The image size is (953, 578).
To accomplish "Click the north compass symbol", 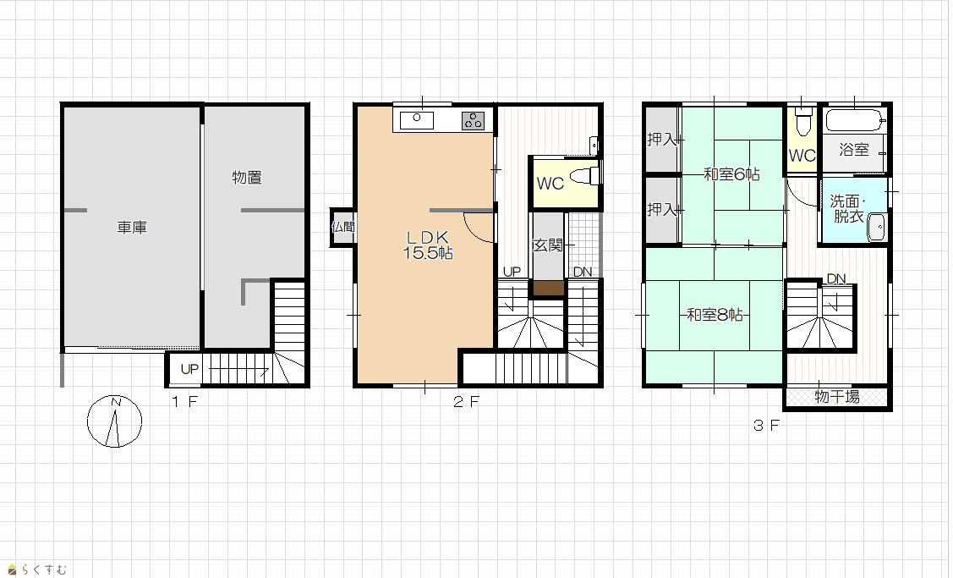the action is pyautogui.click(x=114, y=421).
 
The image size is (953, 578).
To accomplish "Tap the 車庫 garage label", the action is pyautogui.click(x=132, y=228).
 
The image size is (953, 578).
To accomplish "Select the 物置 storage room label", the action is pyautogui.click(x=247, y=178).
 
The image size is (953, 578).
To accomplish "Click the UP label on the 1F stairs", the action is pyautogui.click(x=189, y=369).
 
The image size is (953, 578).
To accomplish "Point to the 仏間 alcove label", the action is pyautogui.click(x=343, y=227).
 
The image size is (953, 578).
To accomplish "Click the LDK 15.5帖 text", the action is pyautogui.click(x=428, y=245).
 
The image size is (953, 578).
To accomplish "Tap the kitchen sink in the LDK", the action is pyautogui.click(x=416, y=120).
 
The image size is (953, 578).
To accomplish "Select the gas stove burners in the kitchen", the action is pyautogui.click(x=473, y=120).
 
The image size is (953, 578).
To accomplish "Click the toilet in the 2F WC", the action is pyautogui.click(x=585, y=175).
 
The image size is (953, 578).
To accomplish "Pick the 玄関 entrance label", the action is pyautogui.click(x=548, y=245).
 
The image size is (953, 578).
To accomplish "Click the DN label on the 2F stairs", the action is pyautogui.click(x=583, y=272).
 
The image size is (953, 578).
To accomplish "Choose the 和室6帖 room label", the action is pyautogui.click(x=731, y=174).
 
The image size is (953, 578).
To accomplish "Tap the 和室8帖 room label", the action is pyautogui.click(x=715, y=315).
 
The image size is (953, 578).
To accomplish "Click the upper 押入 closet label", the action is pyautogui.click(x=662, y=140).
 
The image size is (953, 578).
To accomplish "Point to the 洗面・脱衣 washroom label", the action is pyautogui.click(x=848, y=209).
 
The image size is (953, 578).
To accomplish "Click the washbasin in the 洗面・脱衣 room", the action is pyautogui.click(x=876, y=228).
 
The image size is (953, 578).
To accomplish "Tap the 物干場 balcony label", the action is pyautogui.click(x=837, y=397).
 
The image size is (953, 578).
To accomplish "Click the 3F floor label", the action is pyautogui.click(x=766, y=426).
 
